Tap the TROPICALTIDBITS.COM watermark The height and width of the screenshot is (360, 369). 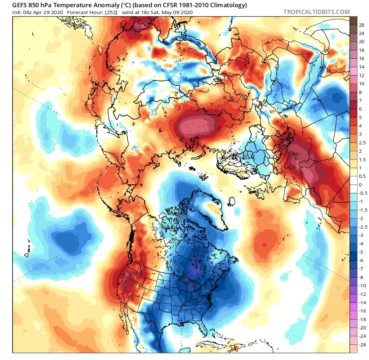(x=316, y=12)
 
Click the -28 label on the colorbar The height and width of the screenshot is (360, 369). (x=363, y=345)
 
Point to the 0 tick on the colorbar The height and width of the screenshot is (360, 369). (x=360, y=184)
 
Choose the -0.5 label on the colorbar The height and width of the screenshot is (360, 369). (x=363, y=193)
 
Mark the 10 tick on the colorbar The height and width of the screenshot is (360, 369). (x=362, y=84)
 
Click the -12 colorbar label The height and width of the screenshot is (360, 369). (x=363, y=294)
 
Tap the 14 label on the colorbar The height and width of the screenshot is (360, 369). (x=362, y=67)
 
